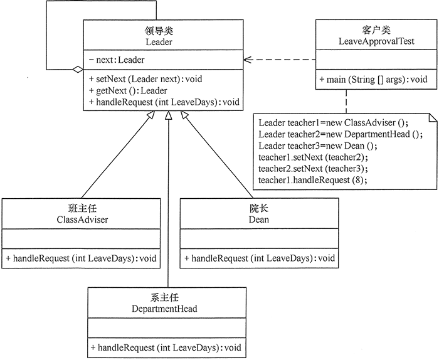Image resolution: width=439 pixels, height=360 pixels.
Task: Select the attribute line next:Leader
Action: (x=117, y=60)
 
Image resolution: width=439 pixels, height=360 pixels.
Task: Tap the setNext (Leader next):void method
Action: (x=145, y=79)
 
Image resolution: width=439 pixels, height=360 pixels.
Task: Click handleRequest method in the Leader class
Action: (x=164, y=102)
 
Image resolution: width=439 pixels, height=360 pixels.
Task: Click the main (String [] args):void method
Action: (x=373, y=80)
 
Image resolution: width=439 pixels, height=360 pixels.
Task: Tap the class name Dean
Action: (x=258, y=220)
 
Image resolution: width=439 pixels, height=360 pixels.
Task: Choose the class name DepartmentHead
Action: (x=166, y=309)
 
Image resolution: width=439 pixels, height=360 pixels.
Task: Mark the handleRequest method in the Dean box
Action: (x=259, y=258)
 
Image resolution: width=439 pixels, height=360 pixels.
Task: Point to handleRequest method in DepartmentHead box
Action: (x=166, y=347)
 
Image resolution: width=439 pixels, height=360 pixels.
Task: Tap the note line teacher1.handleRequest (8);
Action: (x=312, y=180)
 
